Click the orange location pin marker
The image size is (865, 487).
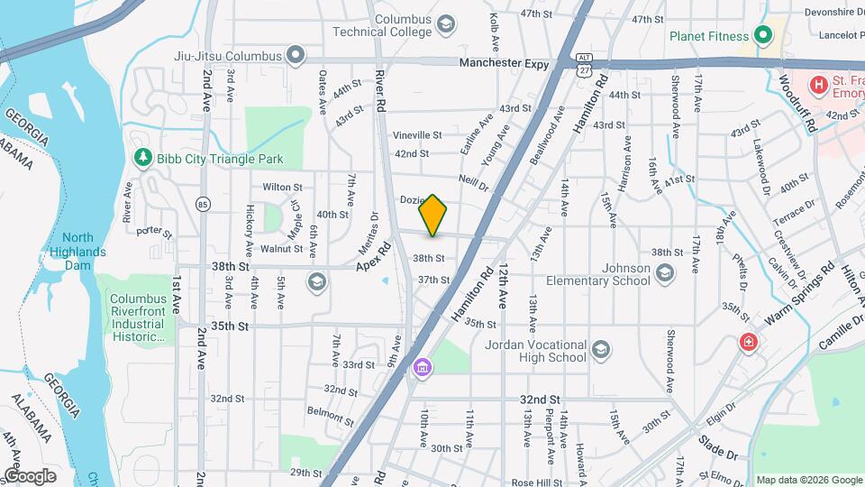click(432, 216)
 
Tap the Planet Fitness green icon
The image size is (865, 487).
click(763, 36)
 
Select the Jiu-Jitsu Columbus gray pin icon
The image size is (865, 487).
click(295, 55)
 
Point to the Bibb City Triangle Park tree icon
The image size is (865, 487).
click(142, 159)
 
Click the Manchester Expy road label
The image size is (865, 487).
click(504, 63)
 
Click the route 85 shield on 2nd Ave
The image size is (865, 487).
click(203, 204)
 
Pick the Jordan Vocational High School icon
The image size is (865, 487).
click(599, 349)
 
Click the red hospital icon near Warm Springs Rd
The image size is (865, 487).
click(747, 343)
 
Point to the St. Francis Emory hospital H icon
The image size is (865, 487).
click(818, 86)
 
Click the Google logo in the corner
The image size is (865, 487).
click(30, 475)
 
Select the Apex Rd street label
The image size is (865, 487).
click(375, 257)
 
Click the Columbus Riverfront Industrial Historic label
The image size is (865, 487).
click(138, 317)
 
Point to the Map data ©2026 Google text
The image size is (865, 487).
click(808, 480)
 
